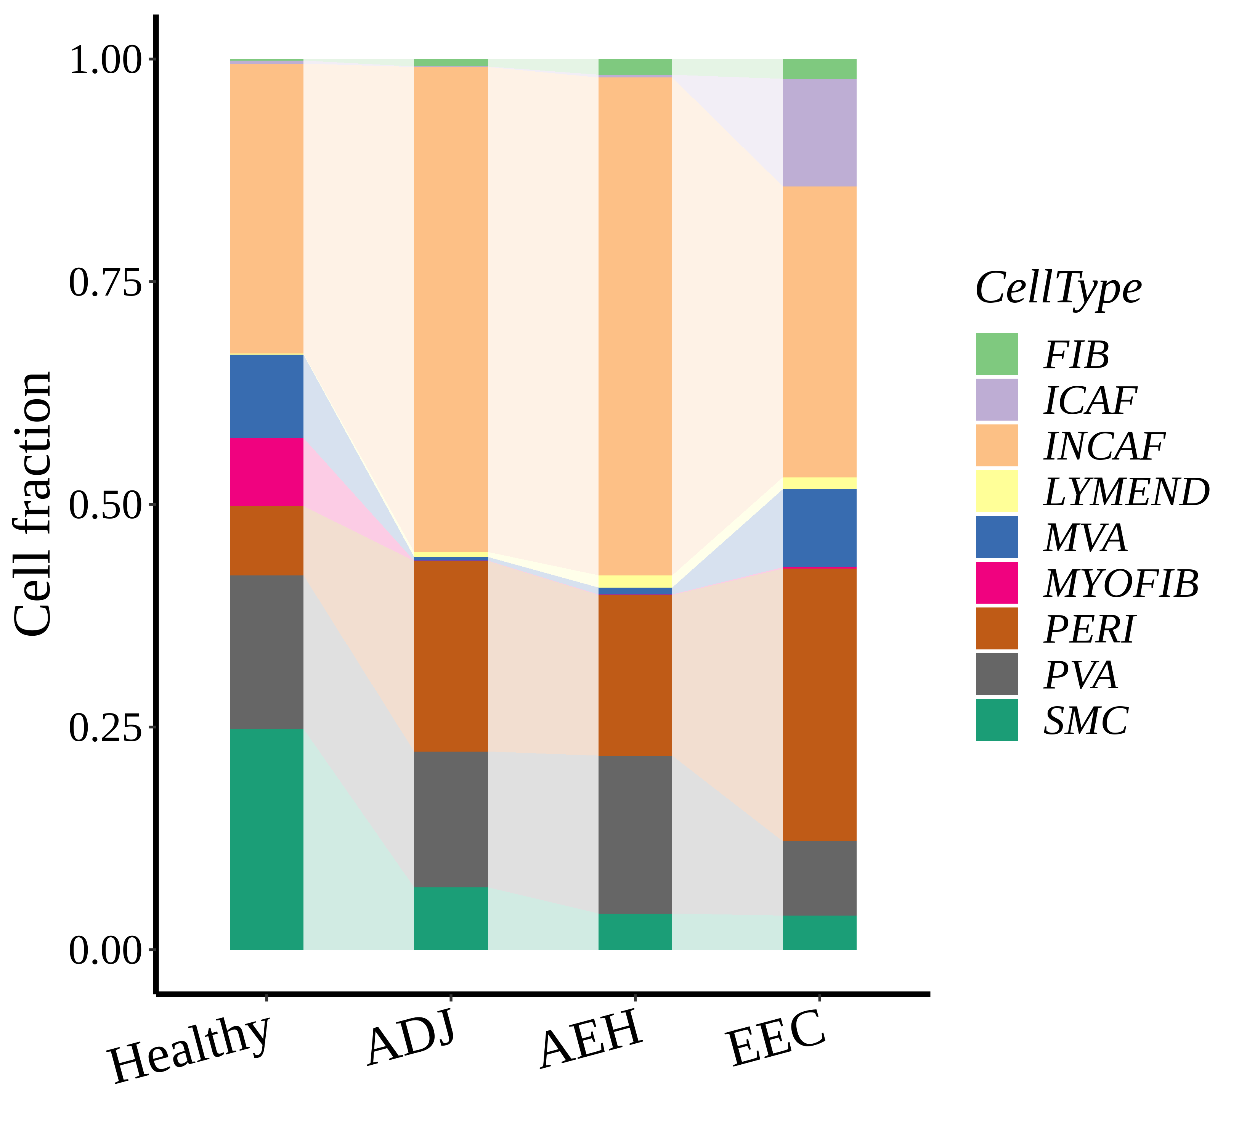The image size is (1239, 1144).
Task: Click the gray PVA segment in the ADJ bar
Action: (451, 819)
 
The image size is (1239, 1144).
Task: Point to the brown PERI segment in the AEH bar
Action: (635, 675)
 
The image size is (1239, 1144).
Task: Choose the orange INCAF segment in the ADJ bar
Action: (451, 310)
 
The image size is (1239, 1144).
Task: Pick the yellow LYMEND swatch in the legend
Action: (997, 491)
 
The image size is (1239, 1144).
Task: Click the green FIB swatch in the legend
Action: (997, 353)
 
